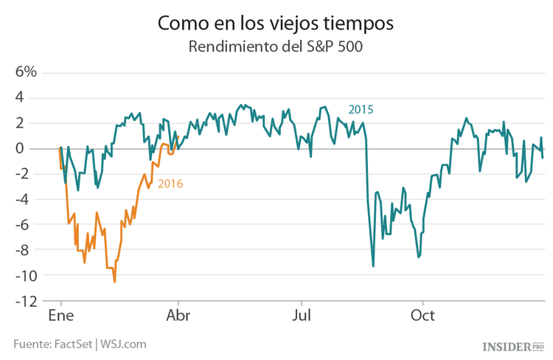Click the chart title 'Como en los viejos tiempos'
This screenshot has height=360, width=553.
276,23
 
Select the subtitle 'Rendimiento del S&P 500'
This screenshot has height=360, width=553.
276,47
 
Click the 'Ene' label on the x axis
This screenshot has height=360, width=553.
60,316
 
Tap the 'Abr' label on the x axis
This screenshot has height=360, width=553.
178,316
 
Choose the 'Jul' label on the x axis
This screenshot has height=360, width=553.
300,316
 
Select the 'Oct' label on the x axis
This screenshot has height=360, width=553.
422,316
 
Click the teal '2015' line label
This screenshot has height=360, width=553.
361,109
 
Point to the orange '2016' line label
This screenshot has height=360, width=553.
170,184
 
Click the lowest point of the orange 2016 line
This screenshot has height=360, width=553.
114,281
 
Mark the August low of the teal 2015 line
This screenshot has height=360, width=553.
373,266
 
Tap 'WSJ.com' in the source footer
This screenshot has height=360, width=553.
123,344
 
